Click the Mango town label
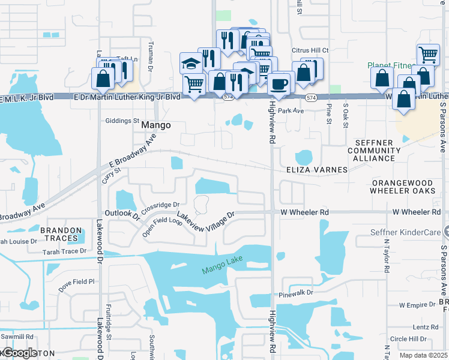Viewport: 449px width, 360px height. click(x=156, y=126)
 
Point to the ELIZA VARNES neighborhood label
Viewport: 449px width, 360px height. click(x=316, y=170)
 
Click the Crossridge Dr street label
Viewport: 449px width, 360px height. click(x=161, y=205)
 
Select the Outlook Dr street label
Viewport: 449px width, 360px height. click(x=122, y=214)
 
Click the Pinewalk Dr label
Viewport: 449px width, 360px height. click(x=297, y=294)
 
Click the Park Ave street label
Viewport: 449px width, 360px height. click(x=291, y=111)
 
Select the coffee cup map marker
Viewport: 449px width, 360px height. click(x=279, y=83)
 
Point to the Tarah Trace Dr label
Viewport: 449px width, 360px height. click(x=64, y=251)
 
